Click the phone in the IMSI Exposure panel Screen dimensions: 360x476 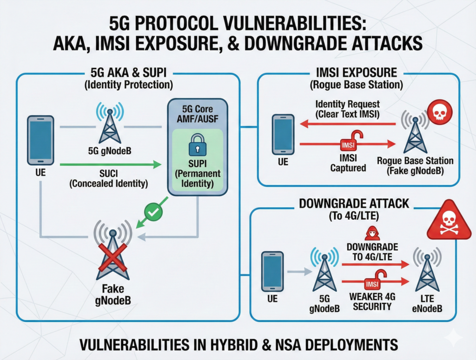283,135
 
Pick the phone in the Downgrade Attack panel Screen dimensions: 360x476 272,270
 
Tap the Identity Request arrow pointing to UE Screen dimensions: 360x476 349,124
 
